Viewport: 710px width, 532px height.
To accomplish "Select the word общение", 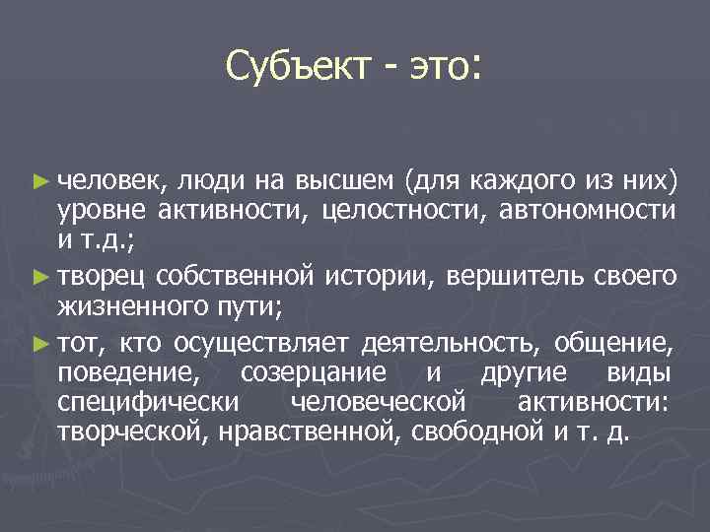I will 615,343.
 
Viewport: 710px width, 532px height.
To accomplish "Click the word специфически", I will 148,403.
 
